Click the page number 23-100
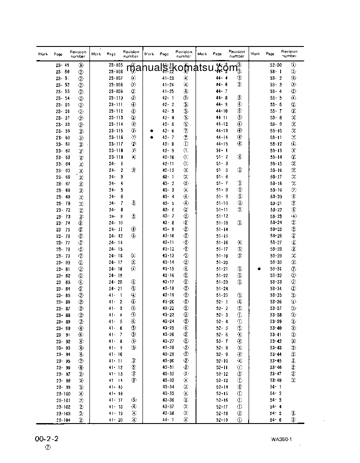pyautogui.click(x=63, y=394)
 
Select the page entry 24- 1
pyautogui.click(x=116, y=164)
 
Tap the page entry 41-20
pyautogui.click(x=116, y=420)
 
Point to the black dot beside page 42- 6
pyautogui.click(x=152, y=131)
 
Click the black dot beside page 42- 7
pyautogui.click(x=152, y=137)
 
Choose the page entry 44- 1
pyautogui.click(x=168, y=420)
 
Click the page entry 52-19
pyautogui.click(x=222, y=420)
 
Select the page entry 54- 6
pyautogui.click(x=276, y=420)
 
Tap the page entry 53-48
pyautogui.click(x=276, y=380)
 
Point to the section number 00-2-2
pyautogui.click(x=47, y=439)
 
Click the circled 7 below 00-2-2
pyautogui.click(x=47, y=448)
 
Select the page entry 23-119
pyautogui.click(x=116, y=157)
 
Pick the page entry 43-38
pyautogui.click(x=168, y=413)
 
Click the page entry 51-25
pyautogui.click(x=222, y=295)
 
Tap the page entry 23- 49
pyautogui.click(x=63, y=65)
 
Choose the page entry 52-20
pyautogui.click(x=276, y=65)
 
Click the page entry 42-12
pyautogui.click(x=168, y=170)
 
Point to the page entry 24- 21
pyautogui.click(x=116, y=288)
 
